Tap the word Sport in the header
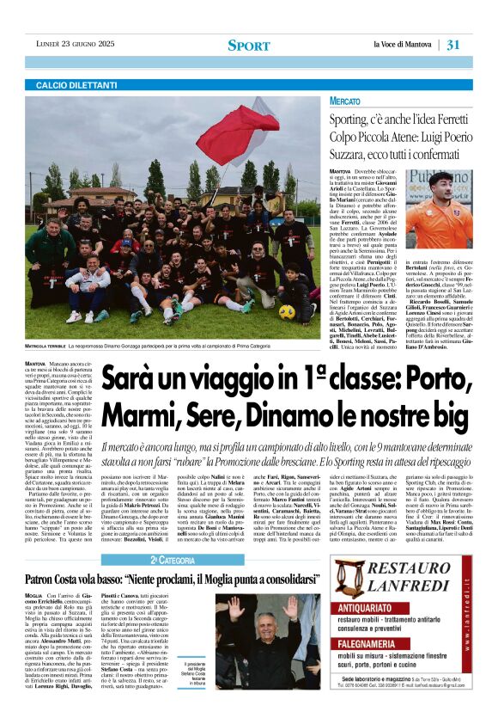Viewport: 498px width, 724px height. tap(248, 45)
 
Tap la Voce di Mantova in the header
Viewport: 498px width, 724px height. tap(404, 45)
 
